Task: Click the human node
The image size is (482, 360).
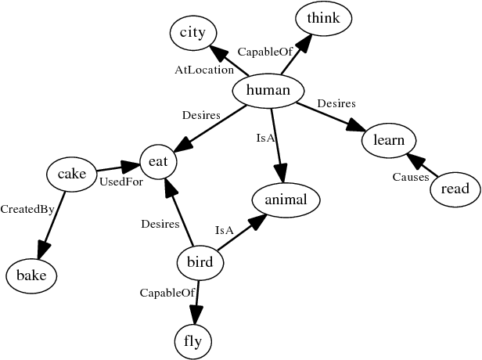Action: [268, 92]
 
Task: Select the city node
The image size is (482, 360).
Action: [192, 32]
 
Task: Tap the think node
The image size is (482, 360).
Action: [324, 18]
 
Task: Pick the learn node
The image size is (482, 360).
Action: [389, 141]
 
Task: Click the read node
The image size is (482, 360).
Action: [455, 189]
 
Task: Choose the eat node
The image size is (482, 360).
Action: [159, 162]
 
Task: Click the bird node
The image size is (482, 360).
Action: [200, 262]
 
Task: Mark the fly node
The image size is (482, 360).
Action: [192, 342]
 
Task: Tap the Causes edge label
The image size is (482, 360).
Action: [410, 178]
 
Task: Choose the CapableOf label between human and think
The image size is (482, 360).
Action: [262, 52]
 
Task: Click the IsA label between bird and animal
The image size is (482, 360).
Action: [225, 230]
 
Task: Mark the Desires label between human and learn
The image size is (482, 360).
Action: [336, 103]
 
